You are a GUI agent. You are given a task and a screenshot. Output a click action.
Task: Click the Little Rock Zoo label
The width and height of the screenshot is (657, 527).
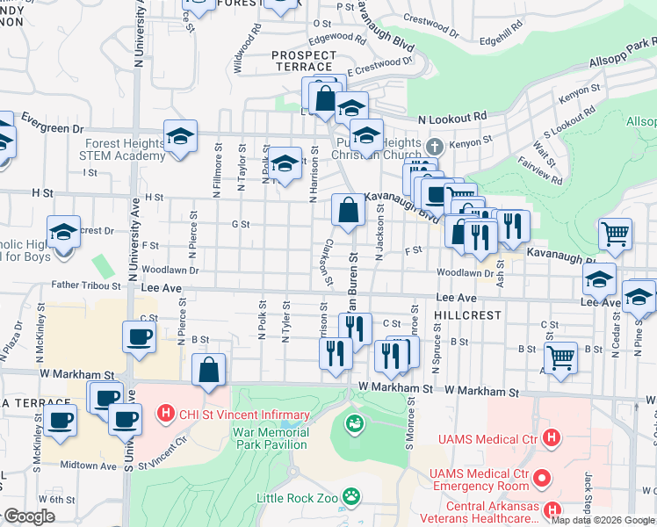coord(299,498)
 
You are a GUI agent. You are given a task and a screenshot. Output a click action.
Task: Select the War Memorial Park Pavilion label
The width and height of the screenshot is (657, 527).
coord(272,440)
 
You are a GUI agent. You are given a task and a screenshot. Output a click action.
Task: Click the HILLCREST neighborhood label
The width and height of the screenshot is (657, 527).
coord(467,314)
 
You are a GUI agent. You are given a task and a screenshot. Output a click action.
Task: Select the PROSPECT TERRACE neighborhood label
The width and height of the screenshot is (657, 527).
coord(302,60)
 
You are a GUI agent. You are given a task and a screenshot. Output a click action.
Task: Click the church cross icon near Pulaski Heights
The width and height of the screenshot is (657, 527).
coord(434,146)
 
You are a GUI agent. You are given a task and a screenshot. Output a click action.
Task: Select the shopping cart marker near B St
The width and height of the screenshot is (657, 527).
coord(560,357)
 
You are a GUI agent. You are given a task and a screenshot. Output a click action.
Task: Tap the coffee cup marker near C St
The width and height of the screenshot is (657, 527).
coord(141,337)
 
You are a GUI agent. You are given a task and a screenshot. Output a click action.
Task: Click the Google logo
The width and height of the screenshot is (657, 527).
coord(28,516)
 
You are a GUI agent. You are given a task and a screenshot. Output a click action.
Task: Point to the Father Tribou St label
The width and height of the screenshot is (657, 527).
coord(86,285)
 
